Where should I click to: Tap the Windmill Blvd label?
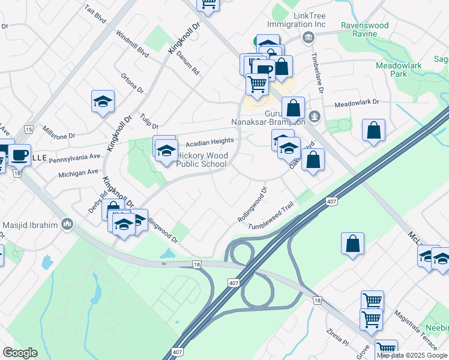tap(133, 44)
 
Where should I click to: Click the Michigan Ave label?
tap(78, 173)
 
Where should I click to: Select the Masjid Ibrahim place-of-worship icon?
tap(67, 225)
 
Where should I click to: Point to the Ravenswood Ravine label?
tap(365, 29)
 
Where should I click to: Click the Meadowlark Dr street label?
tap(358, 103)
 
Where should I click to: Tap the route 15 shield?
tap(28, 130)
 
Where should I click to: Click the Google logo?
tap(20, 353)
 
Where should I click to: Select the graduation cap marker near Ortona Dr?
tap(103, 101)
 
